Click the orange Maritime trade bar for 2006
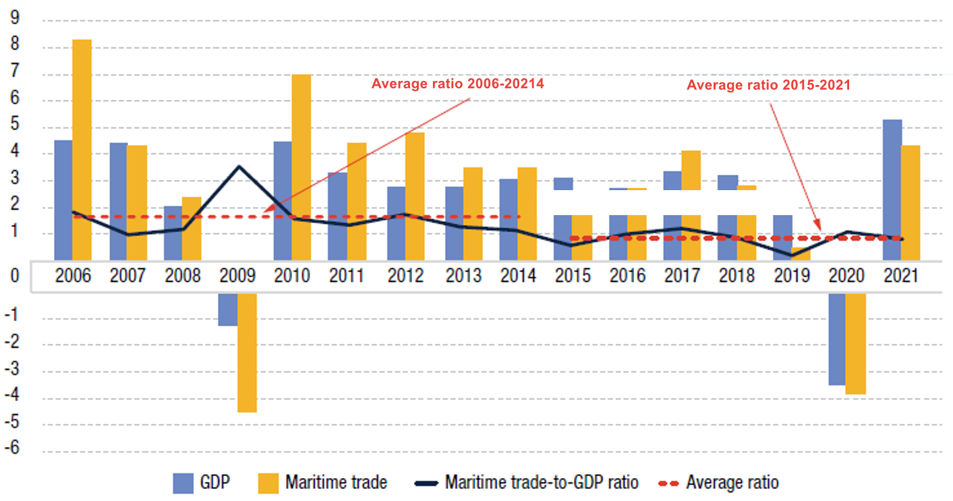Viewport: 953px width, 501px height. pos(82,148)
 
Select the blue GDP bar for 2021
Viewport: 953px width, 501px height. pos(892,189)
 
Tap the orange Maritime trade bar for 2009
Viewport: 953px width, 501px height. pos(247,352)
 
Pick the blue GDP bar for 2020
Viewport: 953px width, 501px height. pos(837,339)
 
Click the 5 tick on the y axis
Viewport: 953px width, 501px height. pos(14,126)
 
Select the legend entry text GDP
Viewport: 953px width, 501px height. pos(216,483)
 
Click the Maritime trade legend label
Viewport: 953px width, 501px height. pos(336,483)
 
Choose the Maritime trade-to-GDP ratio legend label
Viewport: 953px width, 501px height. pos(541,483)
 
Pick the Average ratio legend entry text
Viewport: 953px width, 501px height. pos(732,483)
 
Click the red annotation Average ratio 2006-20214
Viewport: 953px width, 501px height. pos(457,84)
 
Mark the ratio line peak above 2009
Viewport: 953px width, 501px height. pos(238,166)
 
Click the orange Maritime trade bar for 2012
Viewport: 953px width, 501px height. pos(415,196)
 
